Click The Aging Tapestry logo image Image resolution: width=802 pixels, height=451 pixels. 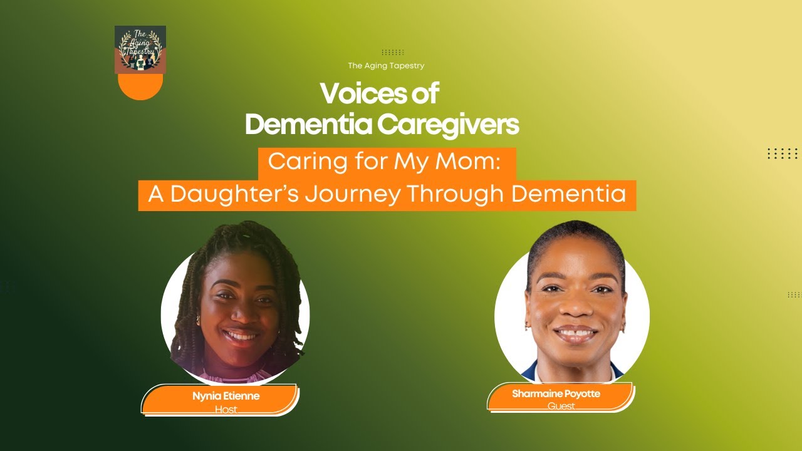tap(140, 49)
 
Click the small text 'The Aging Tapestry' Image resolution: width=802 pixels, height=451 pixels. tap(387, 65)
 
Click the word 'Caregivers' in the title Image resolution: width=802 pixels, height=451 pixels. tap(449, 125)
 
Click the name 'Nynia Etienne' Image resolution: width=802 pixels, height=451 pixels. tap(226, 396)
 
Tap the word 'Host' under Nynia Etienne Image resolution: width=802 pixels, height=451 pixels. tap(226, 410)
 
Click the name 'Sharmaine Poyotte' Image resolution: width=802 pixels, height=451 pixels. tap(556, 394)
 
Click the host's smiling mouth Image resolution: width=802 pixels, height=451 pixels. tap(241, 335)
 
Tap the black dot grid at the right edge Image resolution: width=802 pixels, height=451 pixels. tap(783, 153)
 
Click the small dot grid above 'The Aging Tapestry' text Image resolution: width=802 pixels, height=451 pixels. tap(393, 53)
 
